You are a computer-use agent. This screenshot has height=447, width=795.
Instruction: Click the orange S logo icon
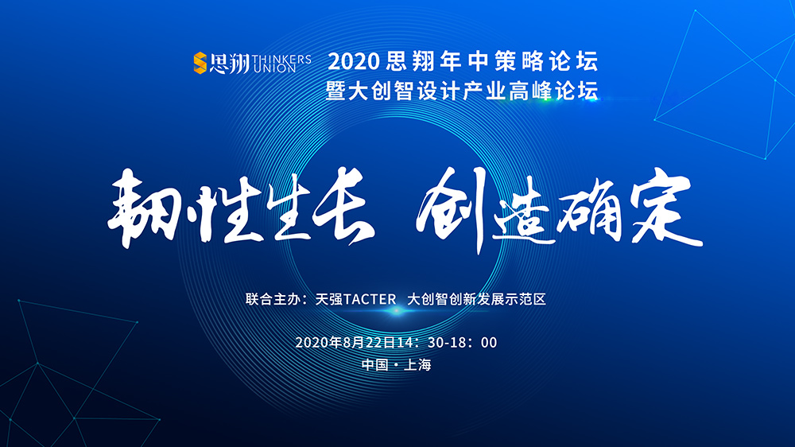(x=200, y=63)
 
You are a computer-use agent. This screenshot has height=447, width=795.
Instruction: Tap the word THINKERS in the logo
(x=281, y=59)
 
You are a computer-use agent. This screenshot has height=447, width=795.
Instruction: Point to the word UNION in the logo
(x=274, y=68)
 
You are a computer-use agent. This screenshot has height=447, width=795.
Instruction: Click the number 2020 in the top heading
(x=354, y=62)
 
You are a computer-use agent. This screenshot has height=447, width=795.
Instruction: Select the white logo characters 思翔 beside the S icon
(x=229, y=64)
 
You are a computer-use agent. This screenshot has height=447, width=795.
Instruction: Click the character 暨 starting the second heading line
(x=336, y=91)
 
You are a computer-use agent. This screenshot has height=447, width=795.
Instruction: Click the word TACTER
(x=370, y=299)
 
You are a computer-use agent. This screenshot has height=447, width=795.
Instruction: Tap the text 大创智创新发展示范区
(x=476, y=299)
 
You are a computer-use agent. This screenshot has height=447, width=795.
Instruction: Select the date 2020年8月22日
(x=345, y=343)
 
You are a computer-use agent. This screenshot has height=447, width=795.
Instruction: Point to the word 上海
(x=417, y=365)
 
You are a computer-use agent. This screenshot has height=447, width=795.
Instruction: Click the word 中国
(x=375, y=365)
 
